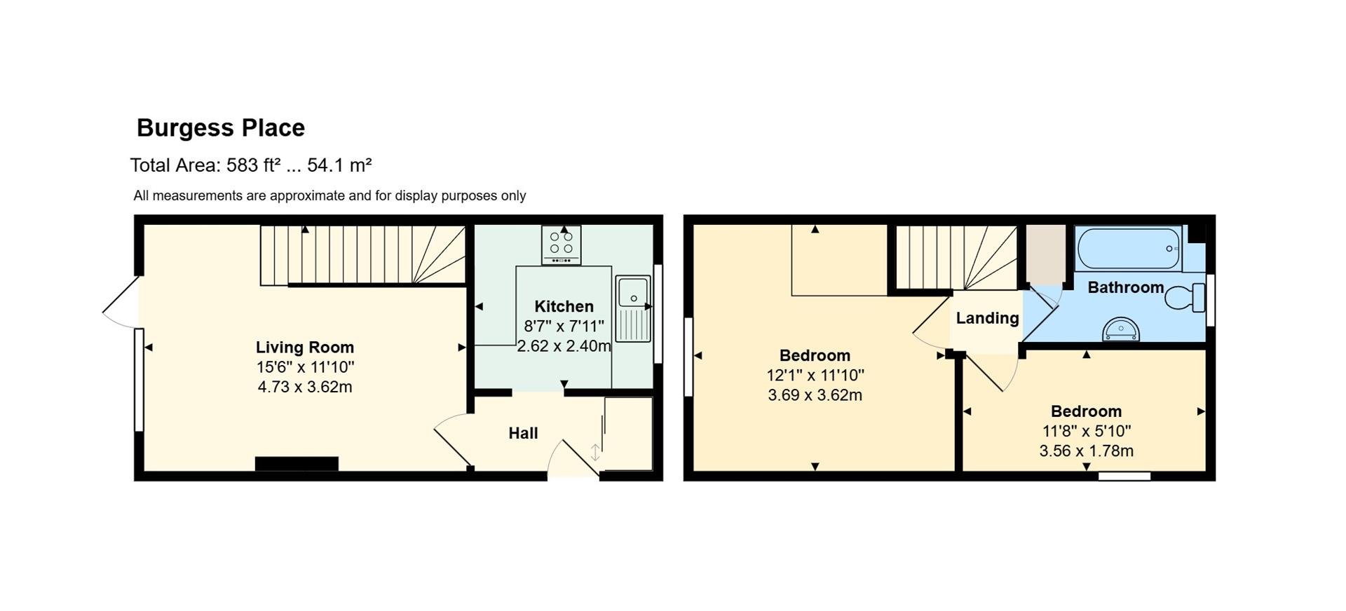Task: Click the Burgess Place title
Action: (221, 128)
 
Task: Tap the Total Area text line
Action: (251, 165)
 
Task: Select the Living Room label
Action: (305, 348)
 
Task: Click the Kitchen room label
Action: (564, 306)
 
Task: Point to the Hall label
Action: (523, 434)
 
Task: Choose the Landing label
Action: (987, 319)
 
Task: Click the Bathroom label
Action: (1125, 287)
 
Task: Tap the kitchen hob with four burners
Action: (561, 245)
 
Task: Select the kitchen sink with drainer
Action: (634, 309)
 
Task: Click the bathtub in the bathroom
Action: (1128, 249)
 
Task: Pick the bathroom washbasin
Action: (1120, 329)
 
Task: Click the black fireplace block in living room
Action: (297, 464)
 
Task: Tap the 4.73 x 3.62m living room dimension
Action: (305, 387)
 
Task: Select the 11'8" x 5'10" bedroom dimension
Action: (1087, 432)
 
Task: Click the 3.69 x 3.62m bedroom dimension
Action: (815, 395)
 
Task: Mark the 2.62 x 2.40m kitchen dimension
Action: (564, 346)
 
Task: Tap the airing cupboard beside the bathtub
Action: (1046, 255)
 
